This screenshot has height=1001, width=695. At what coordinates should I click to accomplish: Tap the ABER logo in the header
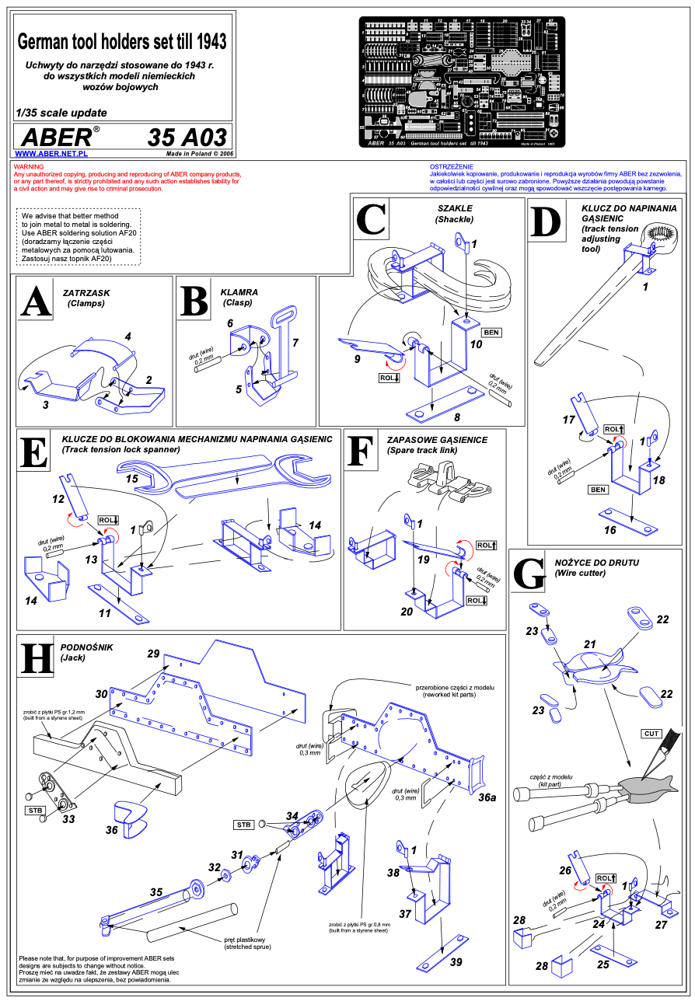pyautogui.click(x=57, y=137)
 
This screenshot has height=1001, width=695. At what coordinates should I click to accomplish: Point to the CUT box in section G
pyautogui.click(x=651, y=733)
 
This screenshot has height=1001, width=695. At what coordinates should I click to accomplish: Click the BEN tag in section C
pyautogui.click(x=491, y=332)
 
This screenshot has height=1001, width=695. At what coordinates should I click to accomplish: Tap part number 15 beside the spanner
pyautogui.click(x=132, y=479)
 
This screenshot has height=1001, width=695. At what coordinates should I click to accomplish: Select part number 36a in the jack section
pyautogui.click(x=487, y=798)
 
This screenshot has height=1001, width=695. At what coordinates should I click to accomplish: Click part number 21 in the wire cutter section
pyautogui.click(x=589, y=644)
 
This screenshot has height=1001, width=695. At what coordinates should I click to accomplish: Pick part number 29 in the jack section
pyautogui.click(x=153, y=654)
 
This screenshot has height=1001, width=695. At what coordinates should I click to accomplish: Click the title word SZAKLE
pyautogui.click(x=454, y=209)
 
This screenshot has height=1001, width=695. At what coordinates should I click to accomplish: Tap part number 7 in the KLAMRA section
pyautogui.click(x=295, y=342)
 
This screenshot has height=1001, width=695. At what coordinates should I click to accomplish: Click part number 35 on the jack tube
pyautogui.click(x=156, y=892)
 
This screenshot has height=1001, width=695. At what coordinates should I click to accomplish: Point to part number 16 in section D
pyautogui.click(x=610, y=530)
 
